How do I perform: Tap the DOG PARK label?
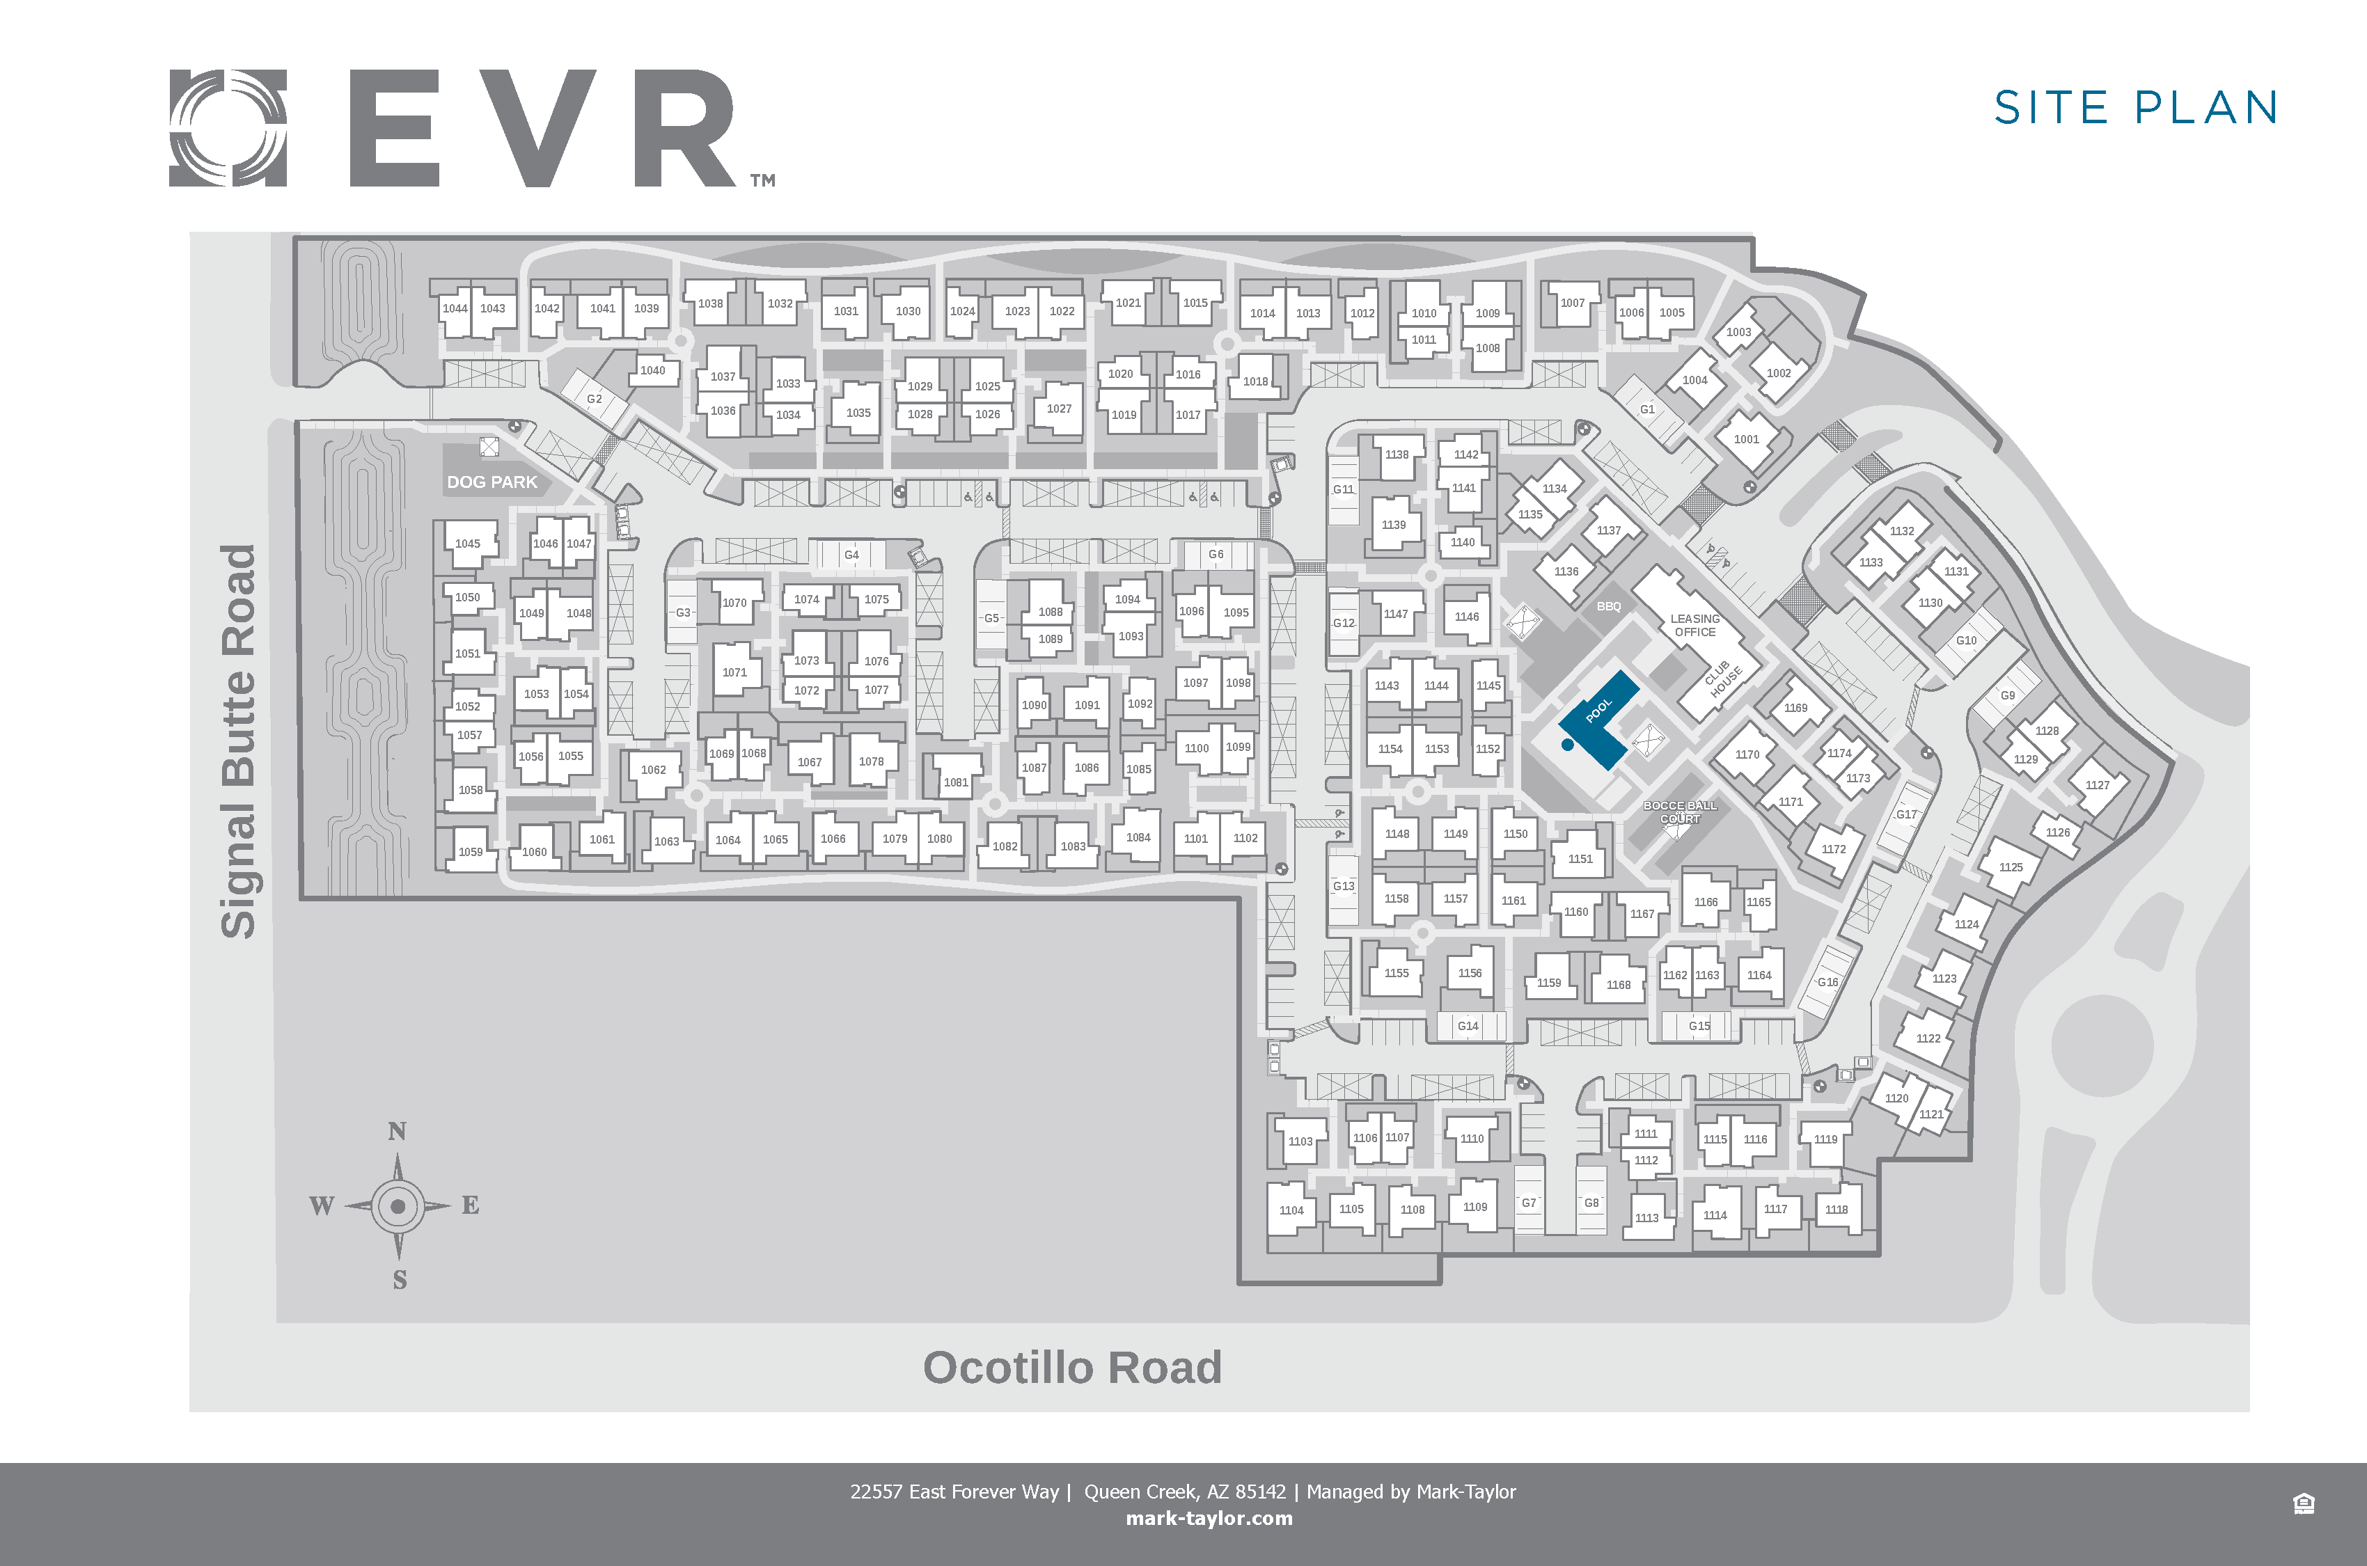tap(492, 482)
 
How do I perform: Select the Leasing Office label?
tap(1695, 625)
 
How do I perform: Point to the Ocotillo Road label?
tap(1071, 1367)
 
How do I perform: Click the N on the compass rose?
tap(398, 1130)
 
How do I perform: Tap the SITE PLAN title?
tap(2135, 108)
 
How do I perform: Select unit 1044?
tap(455, 308)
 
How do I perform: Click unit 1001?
tap(1747, 439)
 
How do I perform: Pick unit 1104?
tap(1291, 1210)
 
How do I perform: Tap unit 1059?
tap(471, 852)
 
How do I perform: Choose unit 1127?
tap(2098, 785)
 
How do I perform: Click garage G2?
tap(595, 399)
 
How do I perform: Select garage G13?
tap(1344, 886)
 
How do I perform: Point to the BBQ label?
tap(1609, 606)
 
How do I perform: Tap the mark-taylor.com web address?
tap(1209, 1518)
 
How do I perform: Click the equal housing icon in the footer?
tap(2303, 1503)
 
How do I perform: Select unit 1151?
tap(1581, 859)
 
